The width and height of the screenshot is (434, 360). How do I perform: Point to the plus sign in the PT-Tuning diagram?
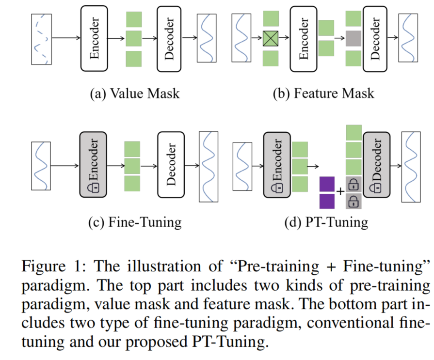[x=340, y=191]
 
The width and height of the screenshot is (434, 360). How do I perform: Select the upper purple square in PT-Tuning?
[x=327, y=185]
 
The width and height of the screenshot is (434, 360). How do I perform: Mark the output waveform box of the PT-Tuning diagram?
[x=413, y=165]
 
